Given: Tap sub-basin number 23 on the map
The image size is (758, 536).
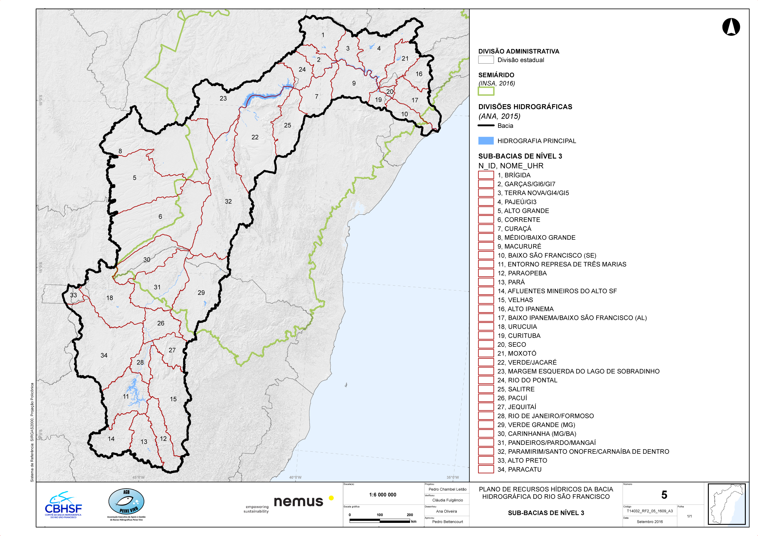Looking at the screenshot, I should pyautogui.click(x=223, y=98).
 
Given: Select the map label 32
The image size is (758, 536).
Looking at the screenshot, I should pyautogui.click(x=228, y=201).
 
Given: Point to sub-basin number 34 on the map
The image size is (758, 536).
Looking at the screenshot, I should pyautogui.click(x=104, y=355).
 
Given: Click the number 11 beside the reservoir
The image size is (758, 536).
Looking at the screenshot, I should pyautogui.click(x=126, y=397).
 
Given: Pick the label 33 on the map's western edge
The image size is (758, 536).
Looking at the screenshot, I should pyautogui.click(x=73, y=295).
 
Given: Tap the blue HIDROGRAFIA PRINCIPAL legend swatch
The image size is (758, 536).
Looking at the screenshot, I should pyautogui.click(x=486, y=141).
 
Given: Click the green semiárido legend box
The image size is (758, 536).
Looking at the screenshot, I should pyautogui.click(x=486, y=91).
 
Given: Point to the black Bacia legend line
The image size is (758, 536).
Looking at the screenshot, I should pyautogui.click(x=486, y=125).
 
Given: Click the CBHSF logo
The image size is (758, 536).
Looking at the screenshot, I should pyautogui.click(x=63, y=505).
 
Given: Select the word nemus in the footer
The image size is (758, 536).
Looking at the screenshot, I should pyautogui.click(x=298, y=502).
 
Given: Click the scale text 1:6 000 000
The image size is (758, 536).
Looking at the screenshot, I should pyautogui.click(x=383, y=495).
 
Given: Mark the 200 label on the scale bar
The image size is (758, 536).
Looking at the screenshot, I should pyautogui.click(x=409, y=515).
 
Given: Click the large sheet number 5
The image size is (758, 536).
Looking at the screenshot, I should pyautogui.click(x=664, y=495).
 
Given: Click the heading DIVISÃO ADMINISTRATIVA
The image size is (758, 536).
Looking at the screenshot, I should pyautogui.click(x=519, y=51).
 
